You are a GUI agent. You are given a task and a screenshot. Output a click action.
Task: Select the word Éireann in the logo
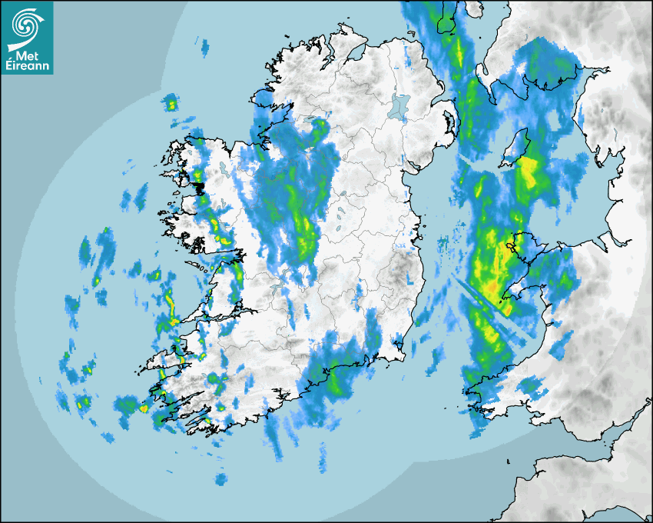[x=28, y=66]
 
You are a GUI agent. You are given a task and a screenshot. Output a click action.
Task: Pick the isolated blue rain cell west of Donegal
[x=204, y=47]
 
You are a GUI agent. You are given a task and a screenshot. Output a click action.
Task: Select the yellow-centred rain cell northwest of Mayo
[x=171, y=103]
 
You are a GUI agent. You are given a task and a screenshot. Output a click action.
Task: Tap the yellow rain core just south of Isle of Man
[x=529, y=174]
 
